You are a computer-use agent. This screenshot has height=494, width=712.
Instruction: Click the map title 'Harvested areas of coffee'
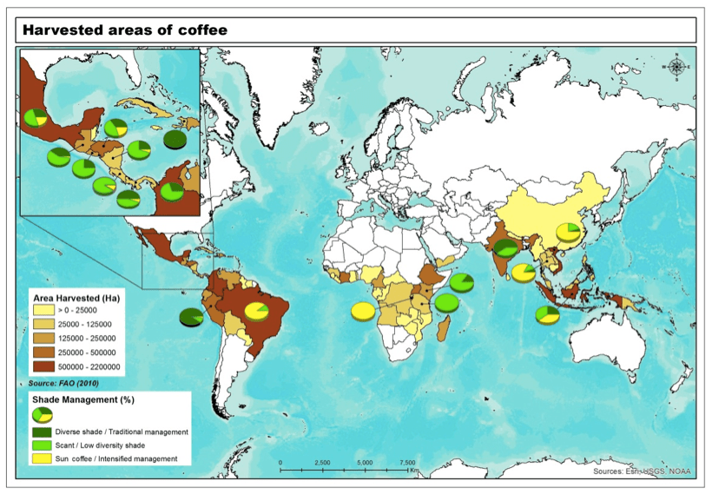(125, 30)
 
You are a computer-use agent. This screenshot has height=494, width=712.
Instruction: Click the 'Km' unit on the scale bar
(415, 471)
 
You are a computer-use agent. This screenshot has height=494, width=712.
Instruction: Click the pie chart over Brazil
(256, 311)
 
